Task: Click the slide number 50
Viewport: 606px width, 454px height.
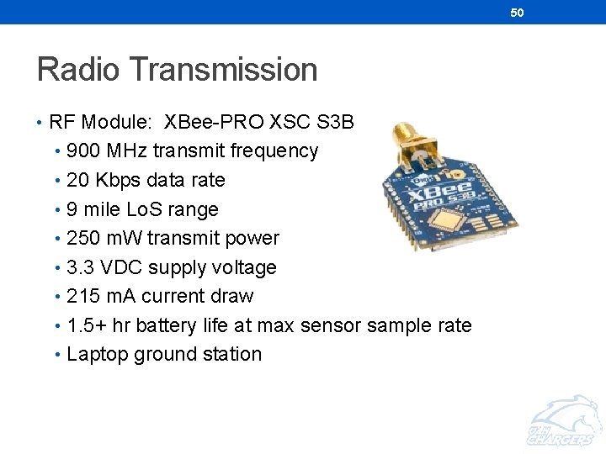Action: point(517,12)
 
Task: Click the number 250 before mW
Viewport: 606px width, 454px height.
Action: point(83,238)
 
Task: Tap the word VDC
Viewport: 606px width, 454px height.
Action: point(126,267)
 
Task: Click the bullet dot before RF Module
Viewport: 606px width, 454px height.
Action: point(40,123)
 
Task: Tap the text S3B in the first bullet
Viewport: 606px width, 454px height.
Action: point(337,122)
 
